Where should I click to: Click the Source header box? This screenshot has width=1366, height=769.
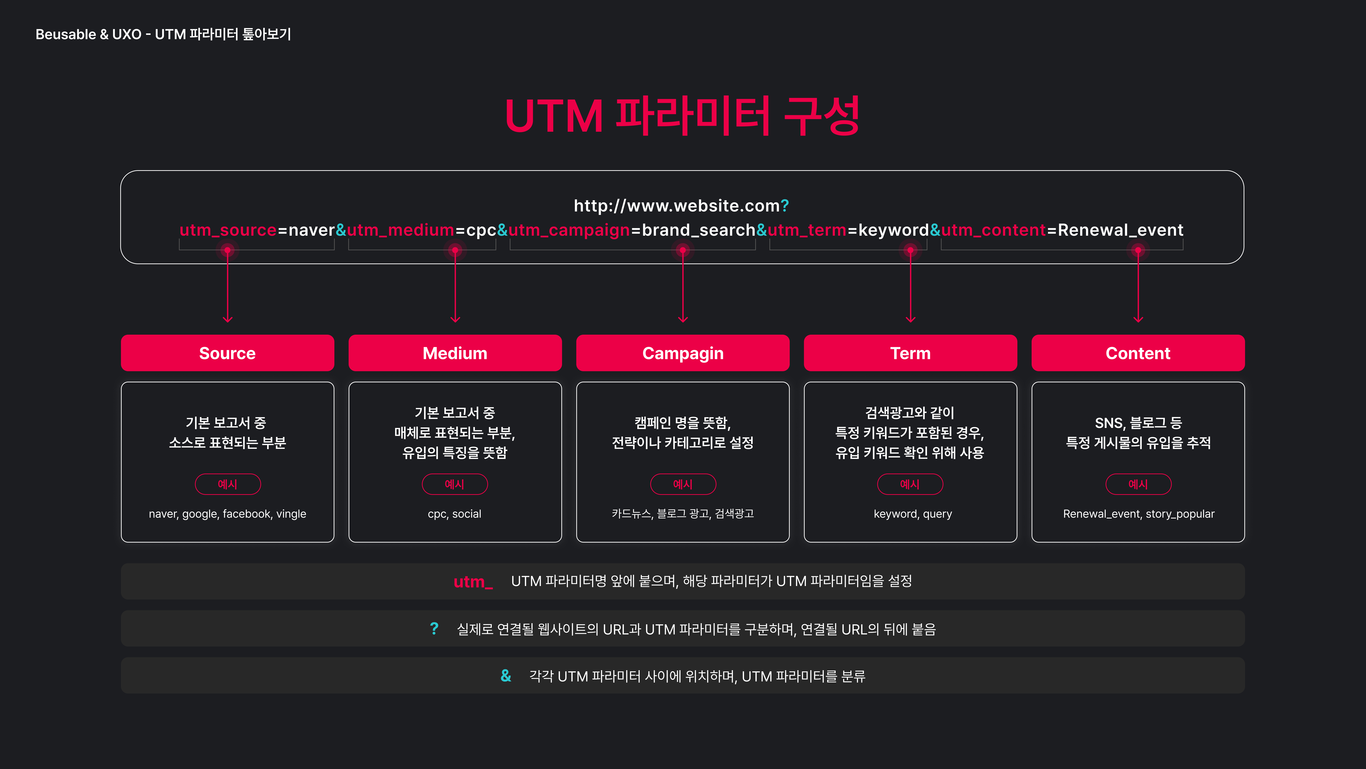tap(227, 353)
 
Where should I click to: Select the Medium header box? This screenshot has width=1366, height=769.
tap(455, 353)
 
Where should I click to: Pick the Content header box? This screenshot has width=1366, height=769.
tap(1138, 353)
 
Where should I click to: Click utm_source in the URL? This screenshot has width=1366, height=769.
tap(228, 230)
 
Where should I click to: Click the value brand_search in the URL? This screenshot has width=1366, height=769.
tap(698, 230)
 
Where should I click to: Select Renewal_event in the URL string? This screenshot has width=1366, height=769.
tap(1120, 230)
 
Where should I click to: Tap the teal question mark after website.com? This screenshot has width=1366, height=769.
tap(785, 205)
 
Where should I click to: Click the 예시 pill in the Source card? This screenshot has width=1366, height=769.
tap(227, 484)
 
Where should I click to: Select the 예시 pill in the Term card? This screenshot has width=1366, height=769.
tap(910, 484)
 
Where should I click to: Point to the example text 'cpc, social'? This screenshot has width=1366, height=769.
tap(454, 514)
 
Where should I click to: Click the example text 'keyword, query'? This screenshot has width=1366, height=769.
tap(913, 514)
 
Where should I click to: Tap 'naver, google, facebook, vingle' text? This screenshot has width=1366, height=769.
tap(227, 514)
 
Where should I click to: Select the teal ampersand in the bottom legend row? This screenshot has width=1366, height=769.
tap(506, 676)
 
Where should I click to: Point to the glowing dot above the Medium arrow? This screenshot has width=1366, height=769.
tap(455, 250)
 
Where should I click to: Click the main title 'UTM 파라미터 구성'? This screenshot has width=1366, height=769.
tap(682, 116)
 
